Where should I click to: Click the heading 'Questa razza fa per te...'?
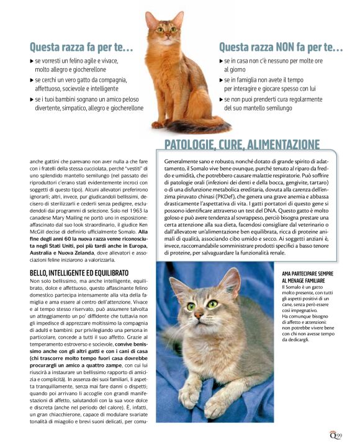click(81, 47)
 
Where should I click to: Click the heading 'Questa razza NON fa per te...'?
click(281, 47)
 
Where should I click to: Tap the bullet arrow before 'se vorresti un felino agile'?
click(32, 61)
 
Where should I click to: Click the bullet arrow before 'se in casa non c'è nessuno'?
click(222, 61)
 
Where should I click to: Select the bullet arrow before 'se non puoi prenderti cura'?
click(222, 99)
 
